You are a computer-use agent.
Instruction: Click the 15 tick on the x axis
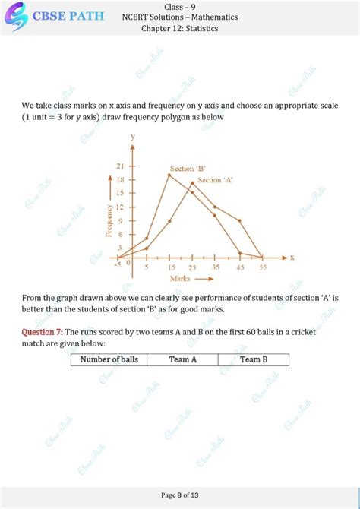pyautogui.click(x=169, y=268)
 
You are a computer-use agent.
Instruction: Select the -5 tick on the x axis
pyautogui.click(x=118, y=264)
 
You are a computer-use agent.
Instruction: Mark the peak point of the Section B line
pyautogui.click(x=169, y=175)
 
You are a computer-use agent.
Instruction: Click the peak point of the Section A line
pyautogui.click(x=192, y=183)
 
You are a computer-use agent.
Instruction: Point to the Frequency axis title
pyautogui.click(x=110, y=220)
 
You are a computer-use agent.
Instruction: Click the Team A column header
pyautogui.click(x=183, y=359)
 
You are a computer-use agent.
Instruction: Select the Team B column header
pyautogui.click(x=254, y=359)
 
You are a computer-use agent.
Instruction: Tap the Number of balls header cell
pyautogui.click(x=109, y=359)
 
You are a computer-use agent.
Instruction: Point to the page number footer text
pyautogui.click(x=180, y=495)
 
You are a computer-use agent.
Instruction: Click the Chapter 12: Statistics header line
pyautogui.click(x=180, y=29)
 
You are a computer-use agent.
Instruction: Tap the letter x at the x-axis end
pyautogui.click(x=292, y=257)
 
